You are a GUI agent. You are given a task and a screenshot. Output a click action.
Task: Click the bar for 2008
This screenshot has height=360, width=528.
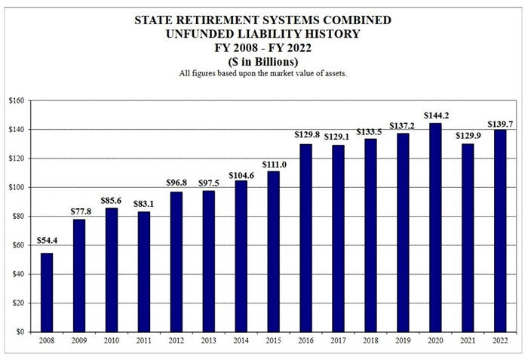[47, 292]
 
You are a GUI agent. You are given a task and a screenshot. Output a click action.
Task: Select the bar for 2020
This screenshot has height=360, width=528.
[434, 227]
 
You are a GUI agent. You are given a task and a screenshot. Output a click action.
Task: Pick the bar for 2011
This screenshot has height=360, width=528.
[143, 271]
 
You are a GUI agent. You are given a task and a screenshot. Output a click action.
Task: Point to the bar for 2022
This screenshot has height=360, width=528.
[499, 230]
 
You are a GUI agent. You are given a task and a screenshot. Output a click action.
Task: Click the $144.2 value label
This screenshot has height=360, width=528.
[435, 115]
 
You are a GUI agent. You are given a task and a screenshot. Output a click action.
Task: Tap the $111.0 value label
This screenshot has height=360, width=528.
[273, 164]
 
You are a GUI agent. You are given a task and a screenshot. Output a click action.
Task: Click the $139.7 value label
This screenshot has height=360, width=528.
[500, 122]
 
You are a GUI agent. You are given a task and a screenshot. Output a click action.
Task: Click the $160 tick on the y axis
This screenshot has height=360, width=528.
[17, 100]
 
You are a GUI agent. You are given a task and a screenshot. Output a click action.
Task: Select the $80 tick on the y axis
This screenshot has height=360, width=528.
[19, 216]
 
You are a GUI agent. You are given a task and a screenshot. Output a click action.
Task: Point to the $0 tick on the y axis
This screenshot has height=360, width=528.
[21, 331]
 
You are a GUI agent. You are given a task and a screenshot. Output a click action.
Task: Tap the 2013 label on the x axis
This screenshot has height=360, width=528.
[208, 341]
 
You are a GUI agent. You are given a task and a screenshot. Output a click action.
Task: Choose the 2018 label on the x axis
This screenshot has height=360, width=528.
[370, 341]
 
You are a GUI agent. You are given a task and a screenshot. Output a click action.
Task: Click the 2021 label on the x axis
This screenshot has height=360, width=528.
[467, 341]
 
